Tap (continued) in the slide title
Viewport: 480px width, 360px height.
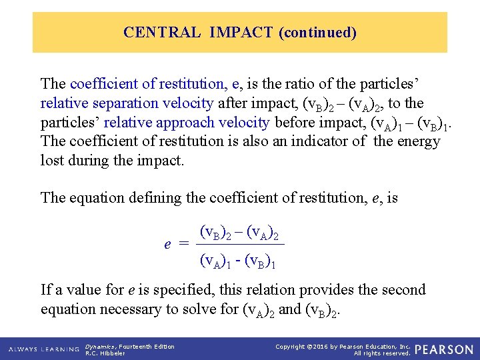(x=317, y=32)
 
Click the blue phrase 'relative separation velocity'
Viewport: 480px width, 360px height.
(x=127, y=103)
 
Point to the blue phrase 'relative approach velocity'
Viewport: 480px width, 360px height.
(x=187, y=123)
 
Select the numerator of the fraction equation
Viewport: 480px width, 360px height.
(x=239, y=233)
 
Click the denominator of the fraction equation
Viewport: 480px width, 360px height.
(x=238, y=261)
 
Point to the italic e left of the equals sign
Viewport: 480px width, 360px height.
(x=167, y=244)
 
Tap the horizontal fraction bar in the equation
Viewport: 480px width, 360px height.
(x=241, y=245)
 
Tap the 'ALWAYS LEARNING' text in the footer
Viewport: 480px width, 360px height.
(x=44, y=349)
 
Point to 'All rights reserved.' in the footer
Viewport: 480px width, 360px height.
(x=382, y=353)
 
